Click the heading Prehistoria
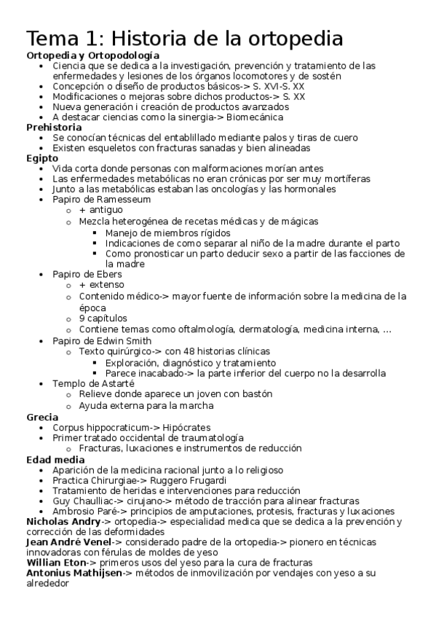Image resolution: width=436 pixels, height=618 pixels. pyautogui.click(x=54, y=127)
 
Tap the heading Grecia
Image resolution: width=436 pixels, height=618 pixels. pyautogui.click(x=42, y=417)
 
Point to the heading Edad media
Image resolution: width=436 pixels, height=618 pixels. pyautogui.click(x=55, y=460)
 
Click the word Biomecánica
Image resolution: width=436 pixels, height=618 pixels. pyautogui.click(x=255, y=117)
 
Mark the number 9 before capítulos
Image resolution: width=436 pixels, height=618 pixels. pyautogui.click(x=82, y=318)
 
